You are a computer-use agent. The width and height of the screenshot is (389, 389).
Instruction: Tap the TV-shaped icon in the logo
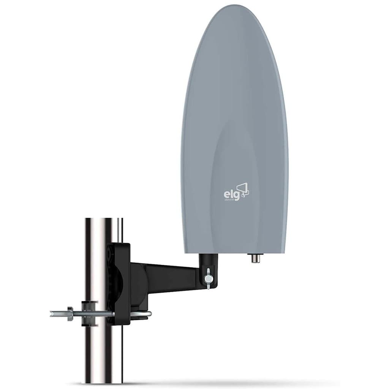pyautogui.click(x=243, y=190)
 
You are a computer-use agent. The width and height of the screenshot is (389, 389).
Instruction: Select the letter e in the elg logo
pyautogui.click(x=226, y=194)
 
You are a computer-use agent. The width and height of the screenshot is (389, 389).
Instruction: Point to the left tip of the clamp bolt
pyautogui.click(x=52, y=314)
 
